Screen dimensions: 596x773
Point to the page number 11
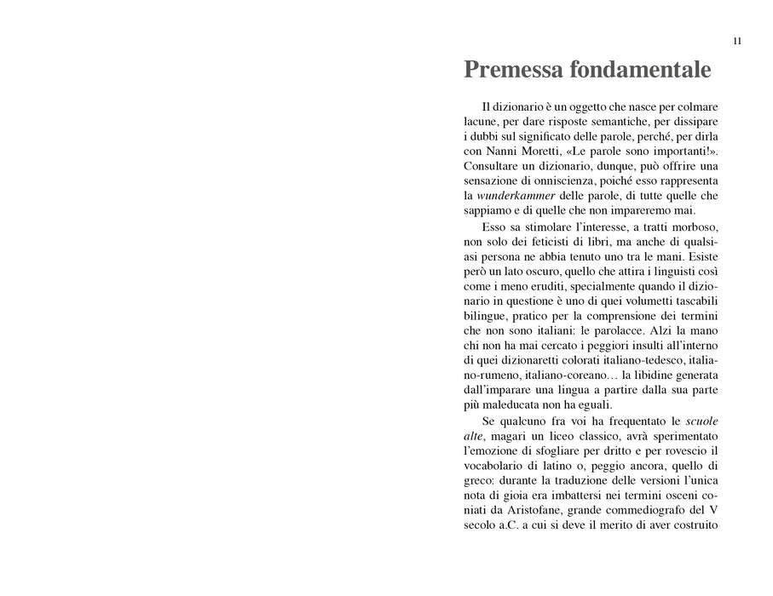[x=737, y=41]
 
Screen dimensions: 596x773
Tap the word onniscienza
[x=558, y=181]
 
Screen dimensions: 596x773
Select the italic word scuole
[x=703, y=421]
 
